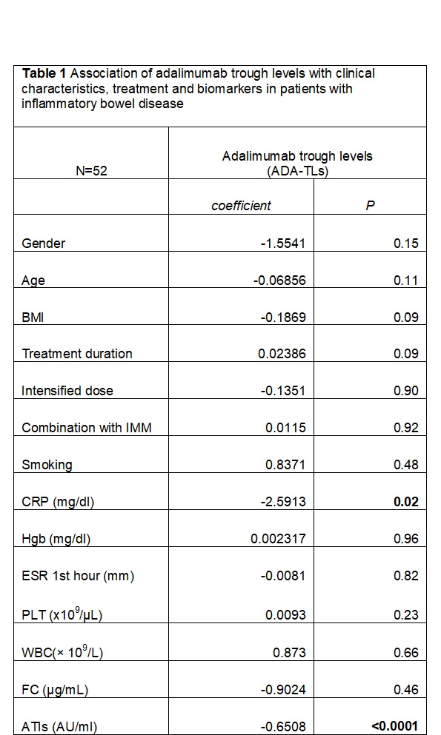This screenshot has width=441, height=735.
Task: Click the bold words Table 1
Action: pos(44,73)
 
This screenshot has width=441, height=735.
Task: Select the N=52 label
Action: pos(91,171)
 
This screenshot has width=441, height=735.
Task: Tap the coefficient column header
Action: pos(241,206)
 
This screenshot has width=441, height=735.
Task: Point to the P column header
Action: pos(370,206)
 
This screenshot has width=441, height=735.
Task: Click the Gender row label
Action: pos(43,244)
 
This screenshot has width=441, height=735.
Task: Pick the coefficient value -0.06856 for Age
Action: pos(279,281)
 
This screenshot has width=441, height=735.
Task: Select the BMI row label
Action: pos(33,318)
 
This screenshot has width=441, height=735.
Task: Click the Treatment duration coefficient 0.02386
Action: pos(282,354)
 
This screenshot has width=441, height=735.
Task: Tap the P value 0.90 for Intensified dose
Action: pos(406,391)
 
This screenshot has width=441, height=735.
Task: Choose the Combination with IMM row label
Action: pos(87,428)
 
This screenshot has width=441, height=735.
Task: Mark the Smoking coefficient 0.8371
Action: pos(285,465)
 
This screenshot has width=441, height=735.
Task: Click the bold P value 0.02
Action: pos(406,502)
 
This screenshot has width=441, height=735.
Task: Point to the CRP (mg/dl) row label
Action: pos(58,502)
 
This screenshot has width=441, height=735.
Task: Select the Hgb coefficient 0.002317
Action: pos(278,539)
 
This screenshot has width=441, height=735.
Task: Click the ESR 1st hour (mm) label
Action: pos(78,576)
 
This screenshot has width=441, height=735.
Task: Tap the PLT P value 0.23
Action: pos(406,615)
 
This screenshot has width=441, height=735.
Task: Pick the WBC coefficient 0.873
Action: pos(290,653)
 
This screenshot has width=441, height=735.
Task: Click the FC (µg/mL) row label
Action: pos(55,690)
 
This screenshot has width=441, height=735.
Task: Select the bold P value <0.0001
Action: pos(394,727)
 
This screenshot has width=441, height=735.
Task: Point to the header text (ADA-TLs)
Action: pos(297,172)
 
